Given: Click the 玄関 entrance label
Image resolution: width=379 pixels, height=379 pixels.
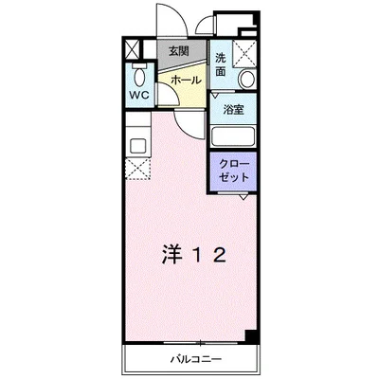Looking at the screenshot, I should click(x=178, y=51).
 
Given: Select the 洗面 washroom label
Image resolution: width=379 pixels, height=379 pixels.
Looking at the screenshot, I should click(x=220, y=63).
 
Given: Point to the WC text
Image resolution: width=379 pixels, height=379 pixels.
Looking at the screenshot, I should click(x=139, y=96).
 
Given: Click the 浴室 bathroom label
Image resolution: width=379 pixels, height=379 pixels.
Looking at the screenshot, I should click(x=233, y=109).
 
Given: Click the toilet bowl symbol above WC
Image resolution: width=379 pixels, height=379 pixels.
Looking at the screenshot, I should click(x=139, y=76).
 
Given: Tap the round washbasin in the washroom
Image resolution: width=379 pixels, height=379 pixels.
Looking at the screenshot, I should click(x=247, y=79).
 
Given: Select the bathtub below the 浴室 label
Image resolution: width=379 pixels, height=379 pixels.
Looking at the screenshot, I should click(x=233, y=135).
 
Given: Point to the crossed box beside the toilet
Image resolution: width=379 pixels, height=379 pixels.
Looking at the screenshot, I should click(x=132, y=50).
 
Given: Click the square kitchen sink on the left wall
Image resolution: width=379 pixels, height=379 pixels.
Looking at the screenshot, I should click(x=135, y=146).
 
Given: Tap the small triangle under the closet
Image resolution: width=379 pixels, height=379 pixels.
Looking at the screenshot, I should click(x=244, y=197).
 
